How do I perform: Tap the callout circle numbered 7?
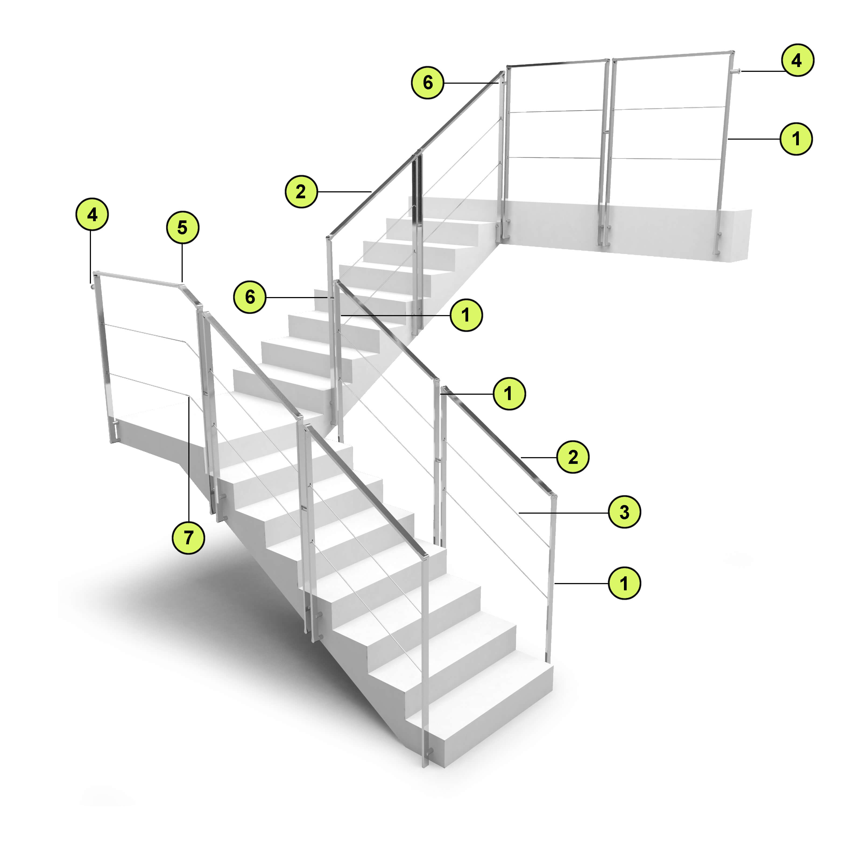coord(189,538)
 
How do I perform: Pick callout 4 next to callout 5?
coord(92,215)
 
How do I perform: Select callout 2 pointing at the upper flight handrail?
coord(302,192)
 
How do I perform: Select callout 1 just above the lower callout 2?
coord(509,394)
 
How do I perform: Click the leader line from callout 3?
coord(563,513)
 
